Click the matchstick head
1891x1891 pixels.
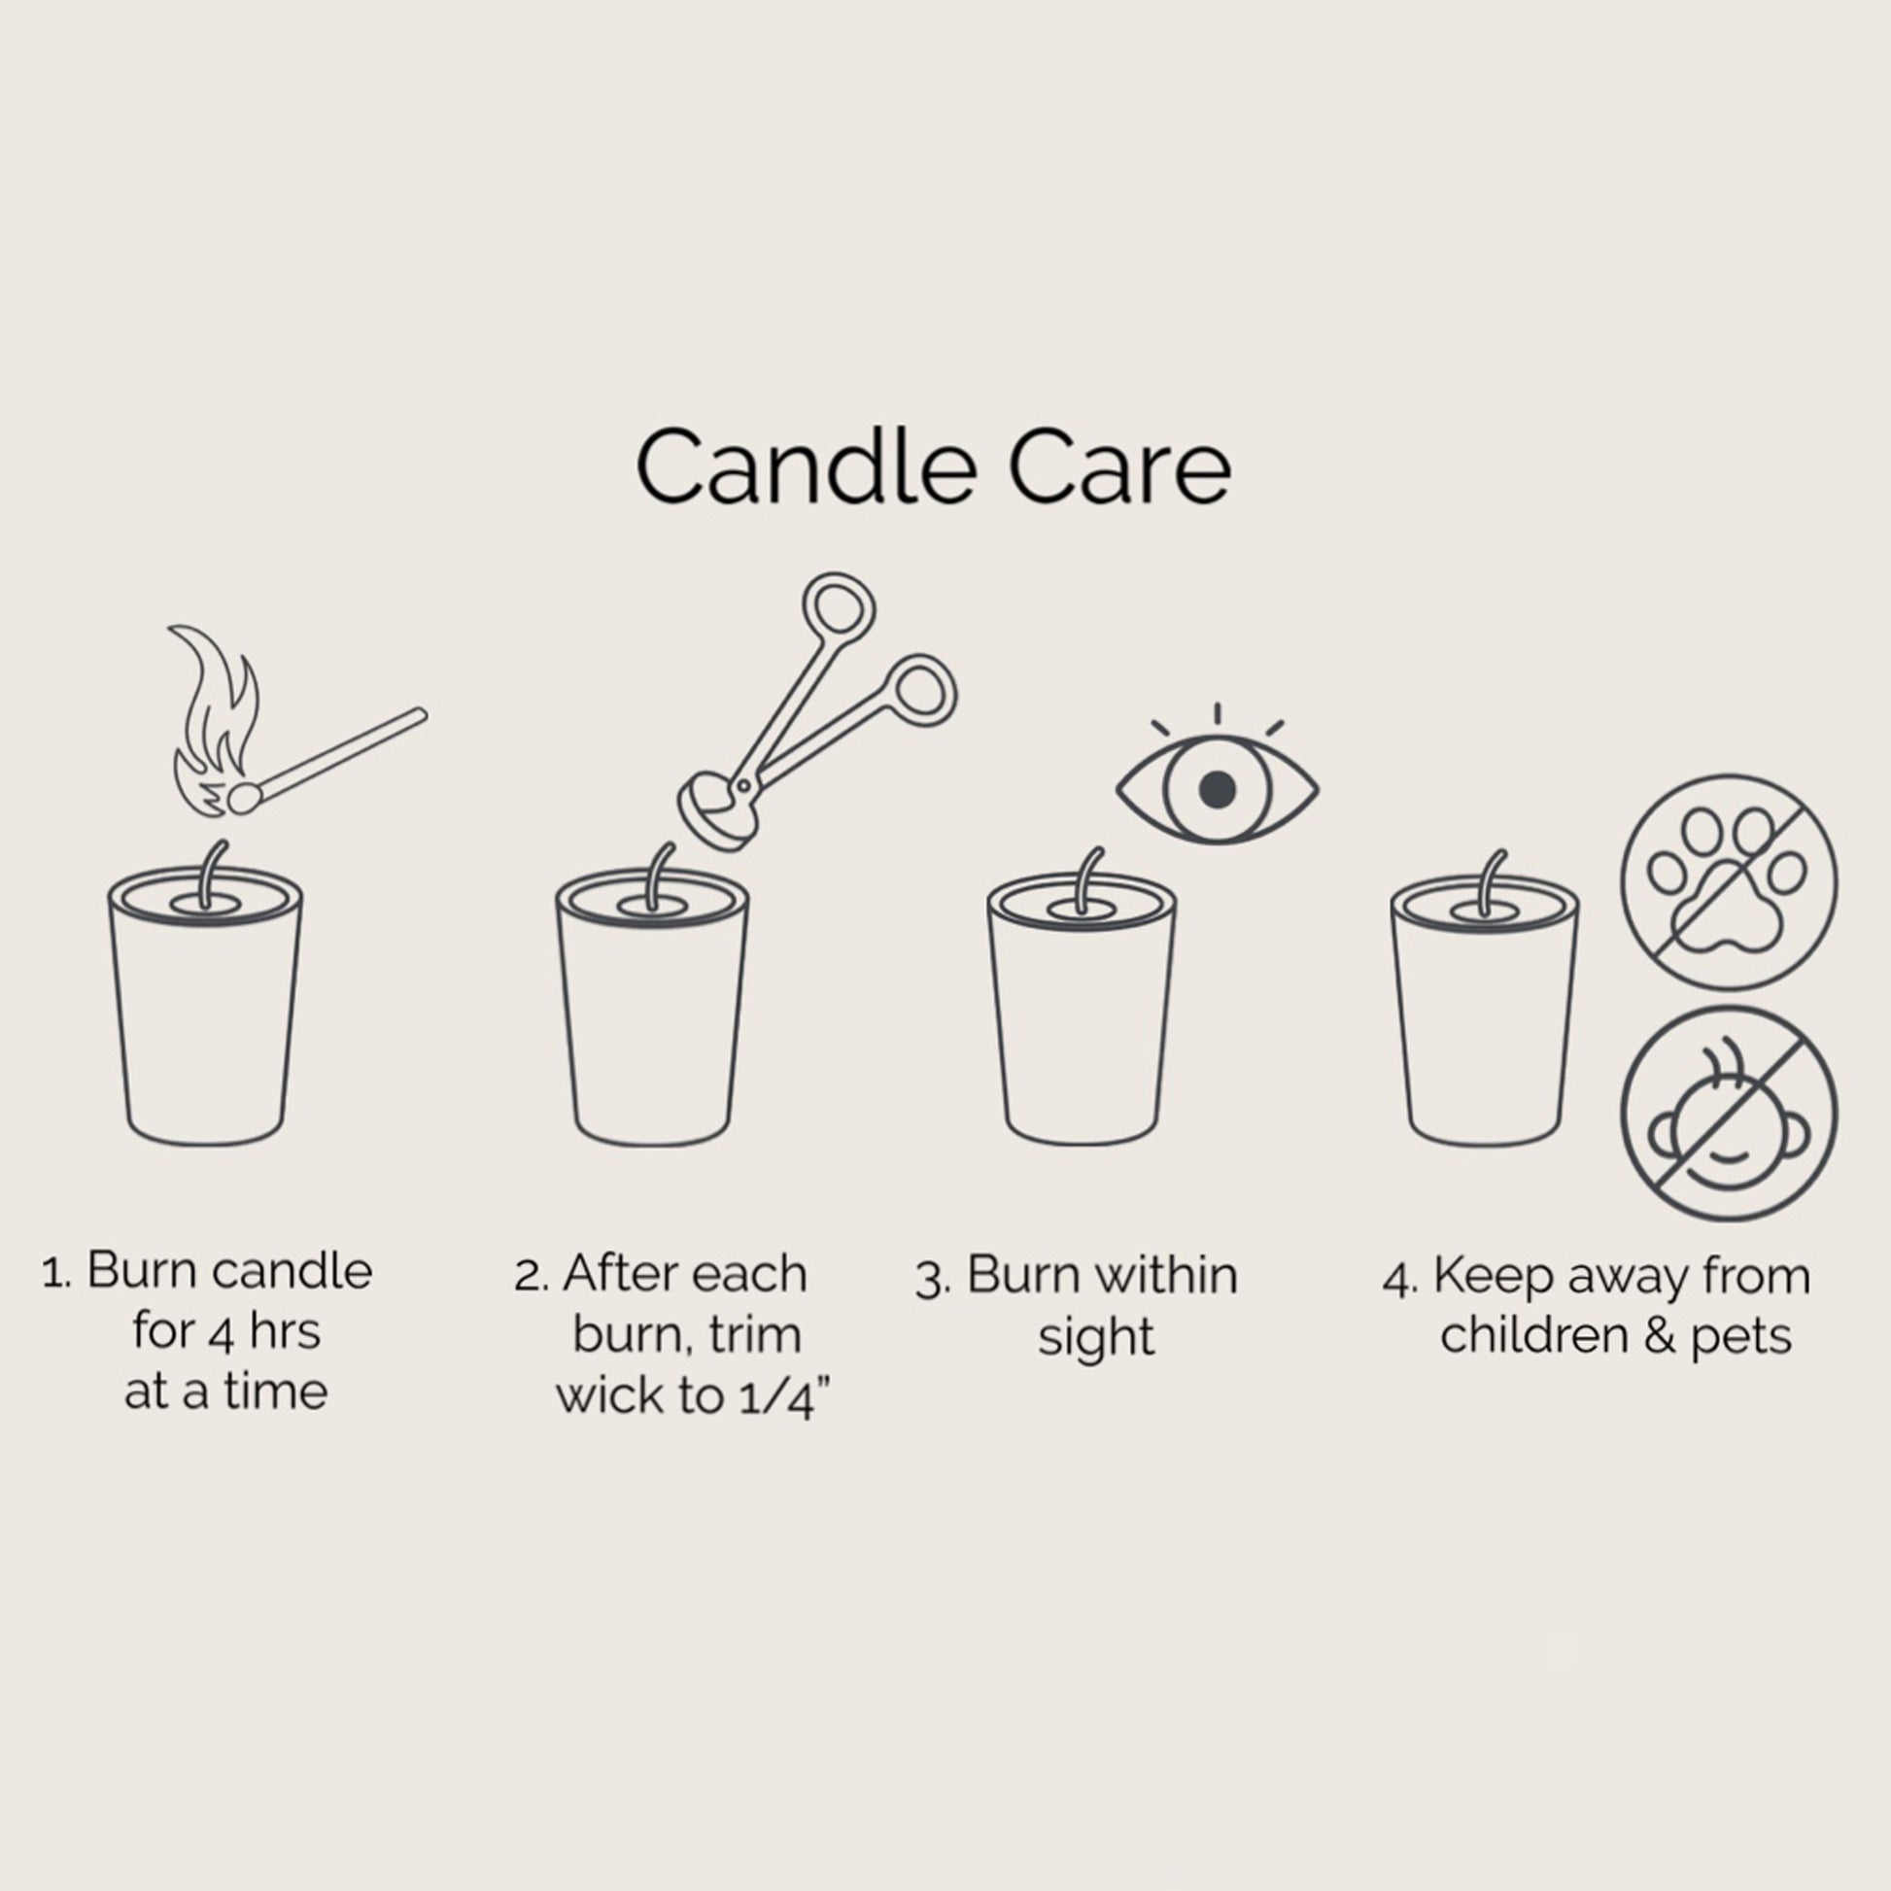click(244, 798)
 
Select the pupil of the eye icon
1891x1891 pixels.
click(1217, 789)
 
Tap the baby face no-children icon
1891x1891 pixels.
click(1729, 1114)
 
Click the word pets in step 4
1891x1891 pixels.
click(1741, 1338)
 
